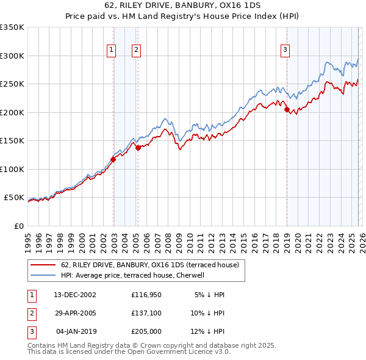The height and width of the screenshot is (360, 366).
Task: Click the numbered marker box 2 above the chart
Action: [x=136, y=51]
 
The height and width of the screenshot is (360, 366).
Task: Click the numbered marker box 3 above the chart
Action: [x=285, y=51]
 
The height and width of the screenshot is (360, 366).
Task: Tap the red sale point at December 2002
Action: [x=113, y=160]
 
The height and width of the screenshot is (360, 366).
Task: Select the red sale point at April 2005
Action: [x=138, y=148]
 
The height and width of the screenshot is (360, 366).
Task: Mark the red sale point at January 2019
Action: [x=287, y=110]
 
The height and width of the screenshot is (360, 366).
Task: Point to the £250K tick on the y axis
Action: [x=12, y=84]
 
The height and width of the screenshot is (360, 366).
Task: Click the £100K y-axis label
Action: [x=12, y=169]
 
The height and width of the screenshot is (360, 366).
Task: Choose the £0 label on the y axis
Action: [x=18, y=226]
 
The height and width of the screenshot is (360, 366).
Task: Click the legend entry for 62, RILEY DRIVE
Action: [x=152, y=265]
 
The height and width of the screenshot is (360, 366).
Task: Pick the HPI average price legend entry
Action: [x=132, y=276]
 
